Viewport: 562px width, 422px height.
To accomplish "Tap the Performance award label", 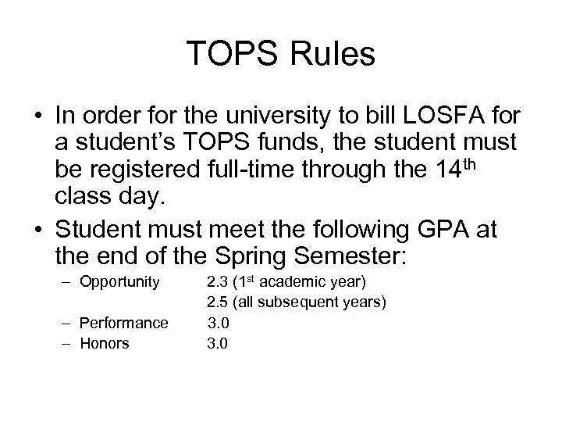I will pyautogui.click(x=124, y=323).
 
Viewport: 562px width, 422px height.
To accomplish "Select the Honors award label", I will pyautogui.click(x=105, y=343).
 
